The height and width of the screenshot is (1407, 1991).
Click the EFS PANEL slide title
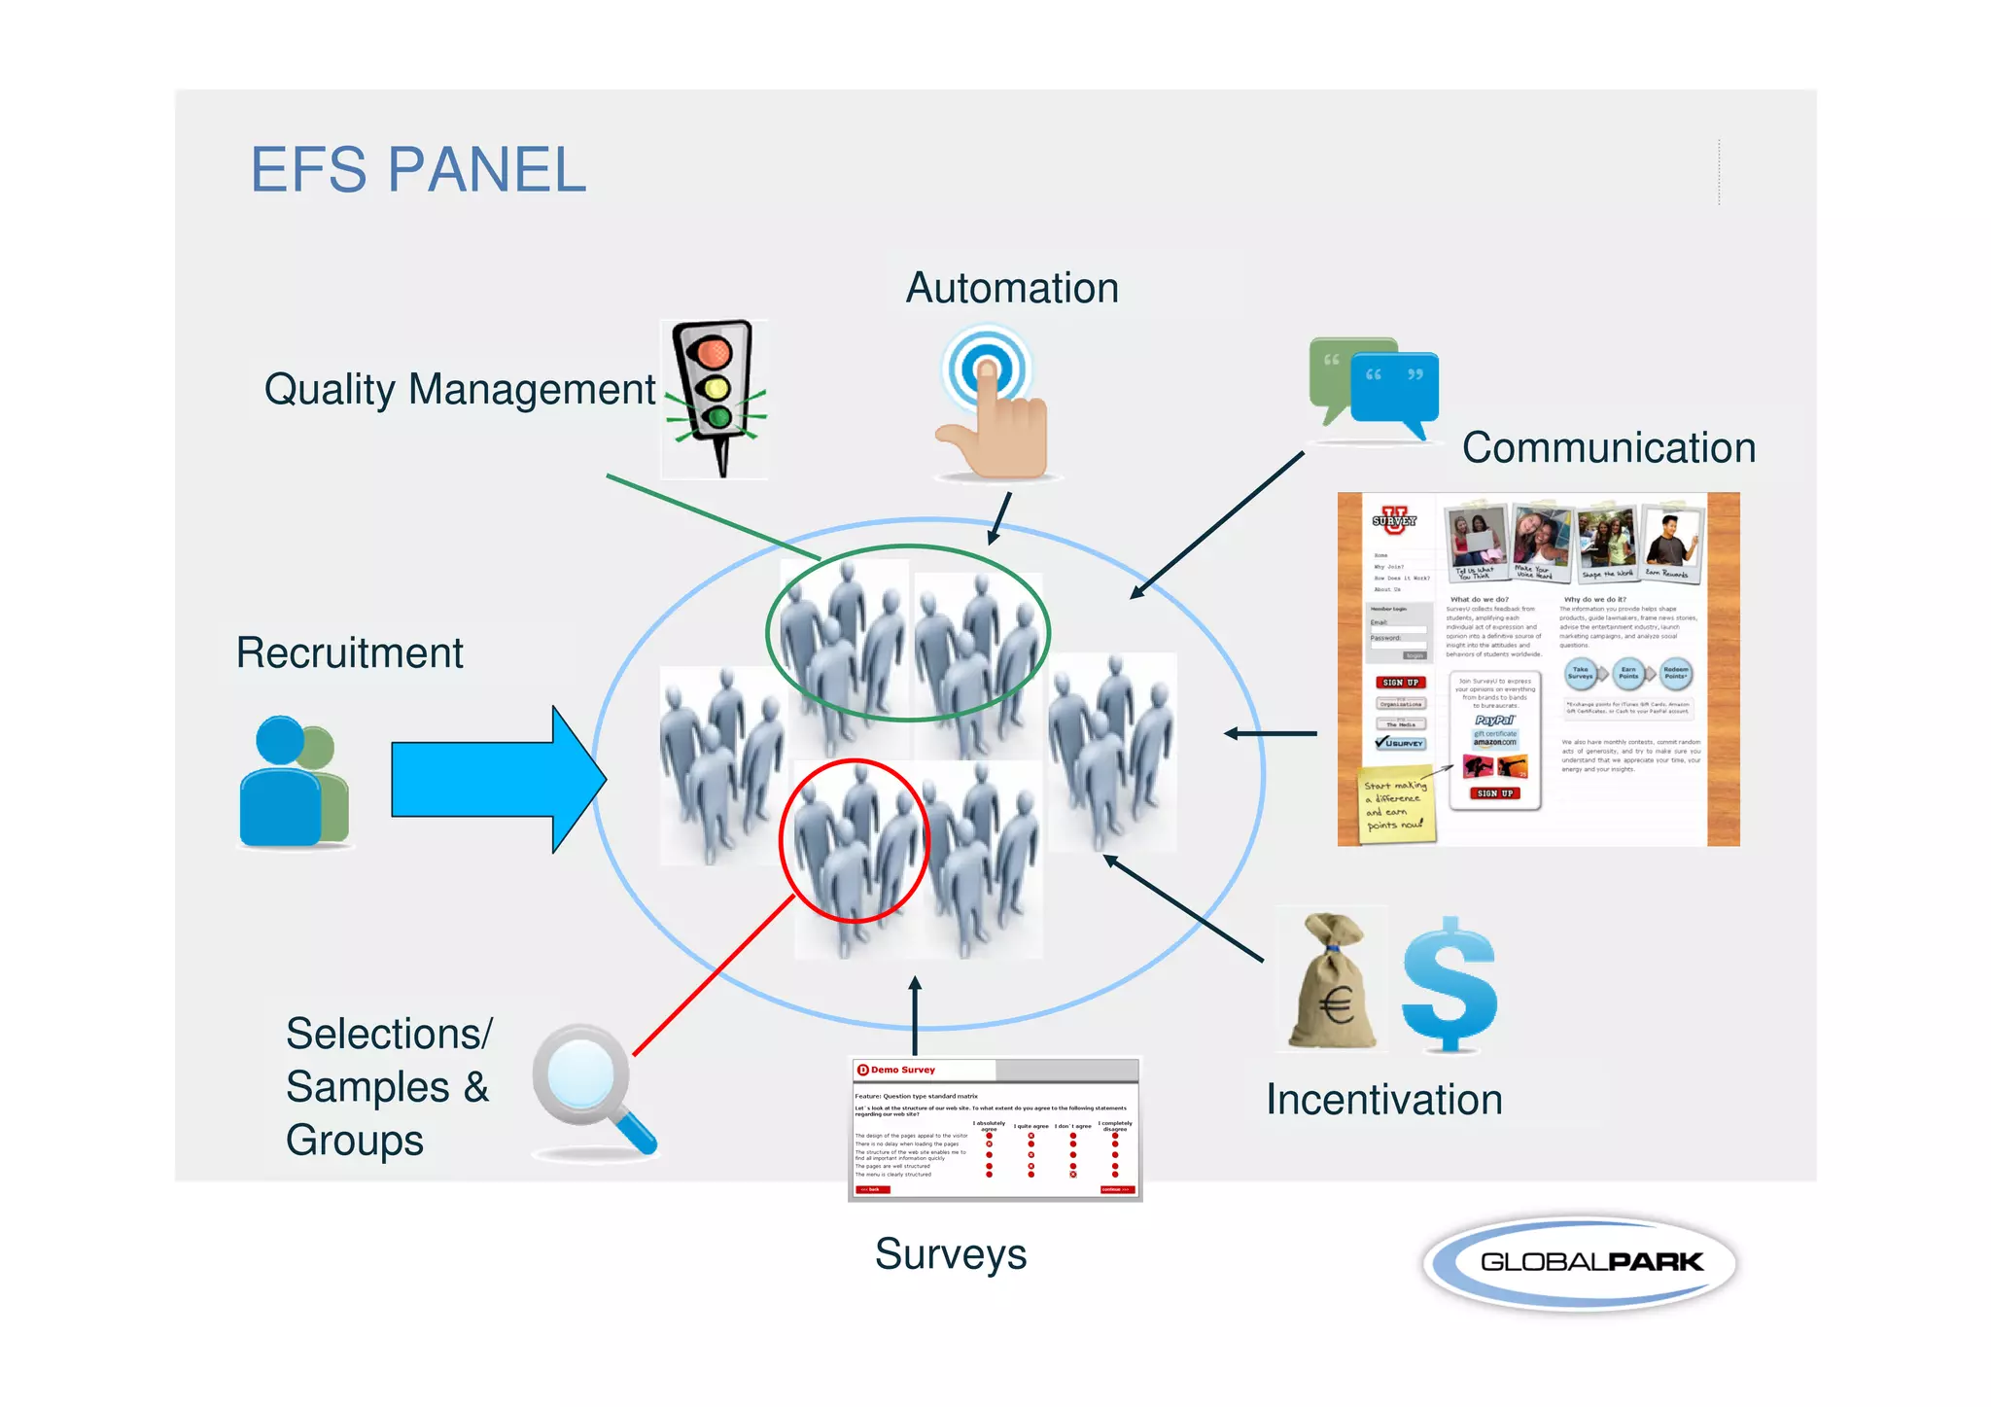point(418,170)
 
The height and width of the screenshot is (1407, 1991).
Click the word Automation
point(1012,288)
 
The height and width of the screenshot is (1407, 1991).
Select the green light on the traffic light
point(718,418)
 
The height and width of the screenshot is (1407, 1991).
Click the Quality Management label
point(460,389)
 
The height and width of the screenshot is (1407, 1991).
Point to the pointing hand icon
point(995,428)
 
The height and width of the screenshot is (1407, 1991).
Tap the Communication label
point(1609,448)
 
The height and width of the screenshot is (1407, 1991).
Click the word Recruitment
point(349,652)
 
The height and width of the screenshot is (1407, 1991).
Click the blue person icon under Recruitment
point(279,783)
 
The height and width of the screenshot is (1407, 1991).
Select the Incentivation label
point(1383,1100)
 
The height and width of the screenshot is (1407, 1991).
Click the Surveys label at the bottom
point(950,1254)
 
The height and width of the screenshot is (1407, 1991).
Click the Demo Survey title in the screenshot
point(902,1070)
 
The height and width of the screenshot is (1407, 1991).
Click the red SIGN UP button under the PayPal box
point(1494,793)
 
